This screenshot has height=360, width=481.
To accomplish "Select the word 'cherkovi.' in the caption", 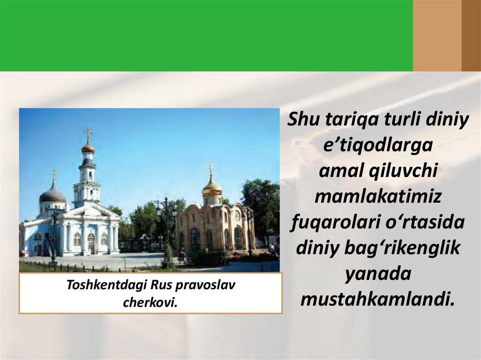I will [x=150, y=302].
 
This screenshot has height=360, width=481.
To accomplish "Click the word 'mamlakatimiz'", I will [x=378, y=197].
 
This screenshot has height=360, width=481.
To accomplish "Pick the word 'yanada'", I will [x=378, y=273].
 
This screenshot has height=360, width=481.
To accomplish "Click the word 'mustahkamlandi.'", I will [x=378, y=299].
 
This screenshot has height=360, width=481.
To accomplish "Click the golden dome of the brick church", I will [x=212, y=186].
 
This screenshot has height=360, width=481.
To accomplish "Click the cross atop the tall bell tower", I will [x=87, y=134].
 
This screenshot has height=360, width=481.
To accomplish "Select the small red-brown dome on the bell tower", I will [x=87, y=149].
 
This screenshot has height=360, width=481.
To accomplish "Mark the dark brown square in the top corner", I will [x=471, y=35].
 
